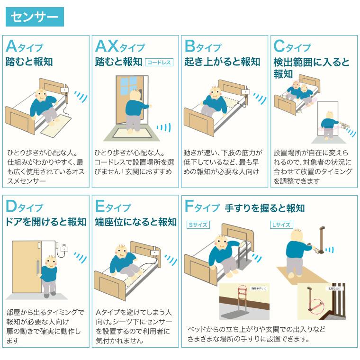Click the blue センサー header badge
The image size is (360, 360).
click(x=34, y=18)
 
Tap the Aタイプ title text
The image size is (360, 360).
click(x=24, y=47)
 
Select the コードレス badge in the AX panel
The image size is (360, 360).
click(x=159, y=62)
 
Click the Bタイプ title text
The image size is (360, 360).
click(x=203, y=47)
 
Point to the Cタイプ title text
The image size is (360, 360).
click(x=292, y=47)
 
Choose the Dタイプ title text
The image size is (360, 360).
click(x=24, y=207)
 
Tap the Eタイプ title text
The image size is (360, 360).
click(x=113, y=207)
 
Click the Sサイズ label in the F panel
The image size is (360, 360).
click(x=198, y=225)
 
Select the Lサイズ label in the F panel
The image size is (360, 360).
click(x=281, y=225)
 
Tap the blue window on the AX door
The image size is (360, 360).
click(x=127, y=87)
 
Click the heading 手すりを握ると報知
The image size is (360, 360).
click(x=264, y=208)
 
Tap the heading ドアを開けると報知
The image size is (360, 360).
click(x=46, y=222)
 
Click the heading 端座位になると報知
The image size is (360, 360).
click(x=135, y=222)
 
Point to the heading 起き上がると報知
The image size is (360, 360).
click(x=222, y=62)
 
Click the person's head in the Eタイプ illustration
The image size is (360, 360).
click(x=120, y=251)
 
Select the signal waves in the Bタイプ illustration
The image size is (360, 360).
click(x=259, y=98)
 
